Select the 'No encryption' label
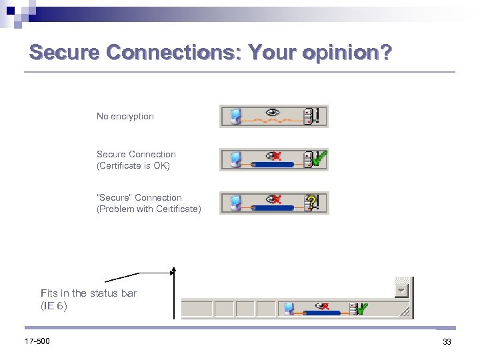pos(125,117)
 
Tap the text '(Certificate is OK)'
pos(133,166)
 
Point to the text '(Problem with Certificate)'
pos(149,209)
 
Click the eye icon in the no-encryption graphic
pos(272,112)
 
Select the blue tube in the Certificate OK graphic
pos(274,164)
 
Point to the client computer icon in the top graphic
pos(235,117)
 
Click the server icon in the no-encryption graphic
pos(308,117)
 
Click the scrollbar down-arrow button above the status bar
pos(400,291)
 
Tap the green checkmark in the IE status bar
pos(362,309)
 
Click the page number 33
pos(447,342)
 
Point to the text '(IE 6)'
pos(54,307)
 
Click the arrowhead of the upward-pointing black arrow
pos(173,271)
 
